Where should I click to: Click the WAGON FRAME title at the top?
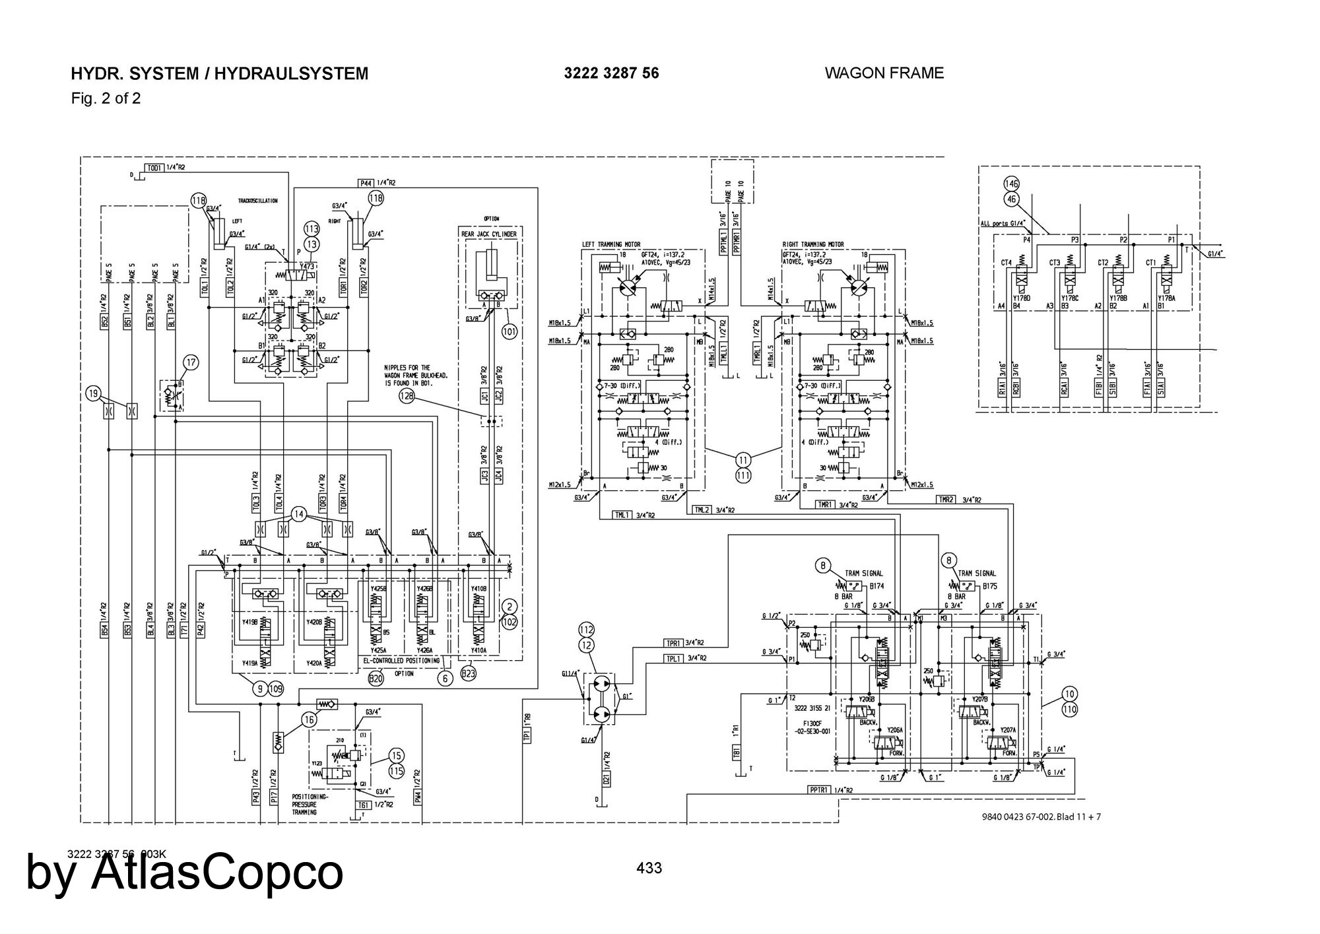coord(884,73)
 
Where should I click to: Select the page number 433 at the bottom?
coord(649,868)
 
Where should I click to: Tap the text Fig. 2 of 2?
coord(106,99)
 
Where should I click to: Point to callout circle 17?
coord(191,362)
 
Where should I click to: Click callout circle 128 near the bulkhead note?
coord(407,395)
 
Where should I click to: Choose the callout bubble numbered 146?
coord(1011,183)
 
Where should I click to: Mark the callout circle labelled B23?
coord(469,673)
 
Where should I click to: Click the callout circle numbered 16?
coord(309,720)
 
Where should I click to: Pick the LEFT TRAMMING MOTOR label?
coord(610,245)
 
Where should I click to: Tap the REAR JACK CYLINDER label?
coord(488,234)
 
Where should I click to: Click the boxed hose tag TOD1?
coord(155,168)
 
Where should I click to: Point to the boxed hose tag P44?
coord(366,183)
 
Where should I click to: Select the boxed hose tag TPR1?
coord(673,643)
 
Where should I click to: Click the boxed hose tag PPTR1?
coord(820,790)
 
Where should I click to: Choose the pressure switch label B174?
coord(876,585)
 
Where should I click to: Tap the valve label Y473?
coord(307,267)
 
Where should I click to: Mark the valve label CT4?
coord(1006,263)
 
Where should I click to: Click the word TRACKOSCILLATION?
coord(258,201)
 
